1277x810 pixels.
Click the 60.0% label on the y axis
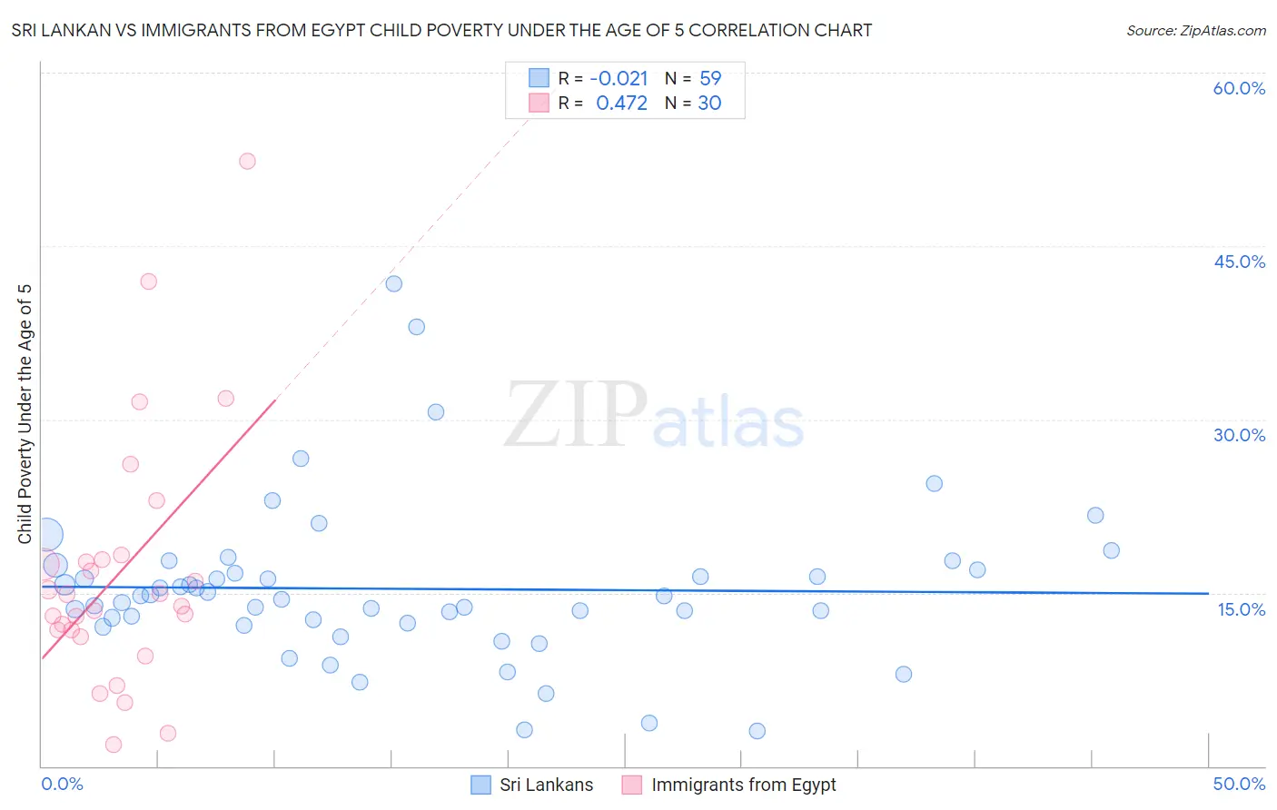point(1239,88)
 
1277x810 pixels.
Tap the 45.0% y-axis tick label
point(1239,262)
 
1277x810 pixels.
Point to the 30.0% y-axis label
point(1239,435)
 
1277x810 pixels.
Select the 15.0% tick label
point(1241,609)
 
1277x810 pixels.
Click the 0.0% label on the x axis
point(62,784)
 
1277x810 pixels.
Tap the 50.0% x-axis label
point(1239,784)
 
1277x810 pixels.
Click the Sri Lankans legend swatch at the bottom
point(480,785)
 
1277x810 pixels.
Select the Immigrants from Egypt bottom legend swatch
point(632,785)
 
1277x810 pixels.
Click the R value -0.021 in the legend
point(619,79)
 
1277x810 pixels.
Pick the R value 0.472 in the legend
point(621,104)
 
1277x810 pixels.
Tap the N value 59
point(710,79)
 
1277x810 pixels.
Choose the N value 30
point(709,104)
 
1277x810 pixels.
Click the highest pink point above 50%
point(247,161)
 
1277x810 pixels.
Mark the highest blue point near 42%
point(393,283)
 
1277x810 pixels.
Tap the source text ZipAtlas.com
point(1196,31)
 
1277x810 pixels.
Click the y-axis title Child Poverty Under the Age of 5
point(25,414)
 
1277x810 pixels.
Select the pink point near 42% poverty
point(148,282)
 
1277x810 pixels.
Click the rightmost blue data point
point(1111,550)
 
